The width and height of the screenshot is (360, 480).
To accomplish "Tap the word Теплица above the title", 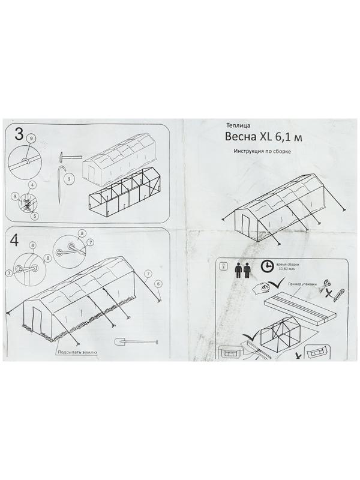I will point(238,125).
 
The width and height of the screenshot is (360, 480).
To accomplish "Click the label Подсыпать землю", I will point(77,353).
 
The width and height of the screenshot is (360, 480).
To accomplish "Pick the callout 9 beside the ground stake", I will point(70,178).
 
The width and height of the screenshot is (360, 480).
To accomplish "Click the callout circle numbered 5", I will point(35,216).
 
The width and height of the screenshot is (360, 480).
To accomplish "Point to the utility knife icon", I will point(339,294).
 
